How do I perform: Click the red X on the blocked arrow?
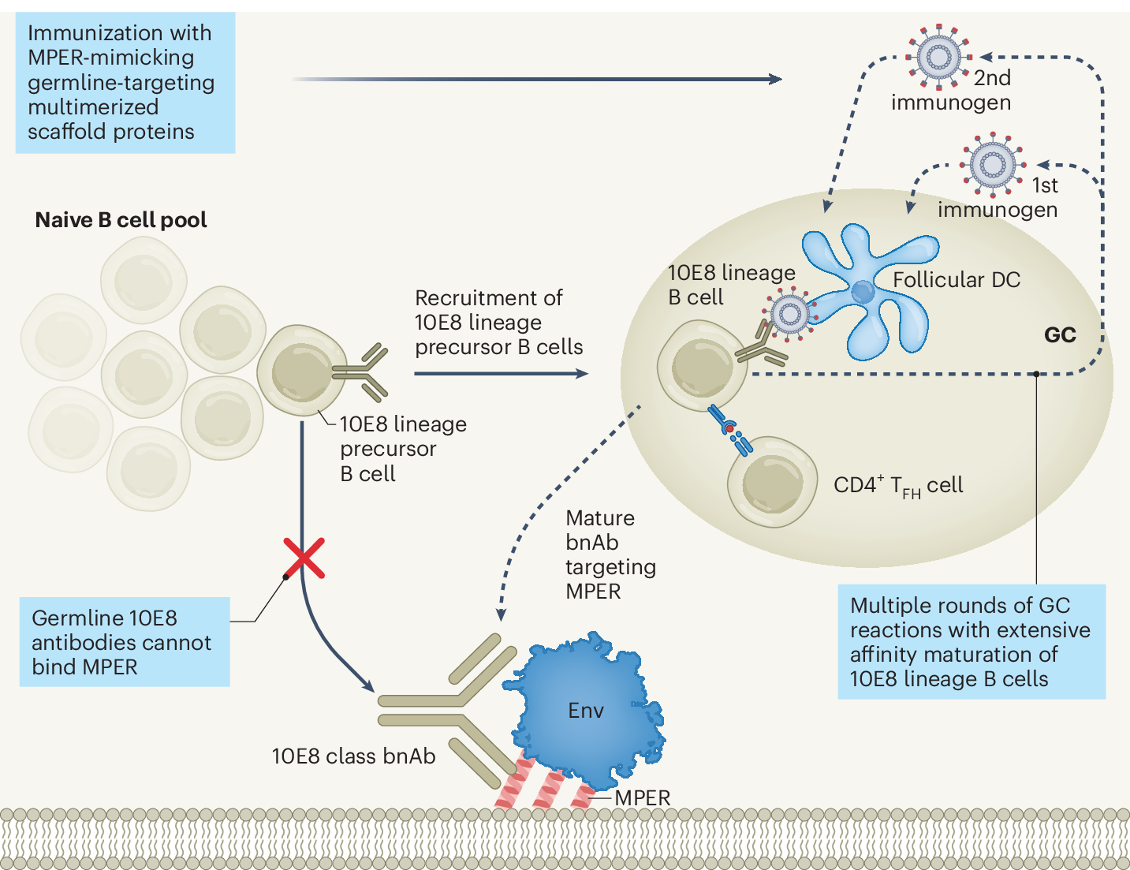point(304,558)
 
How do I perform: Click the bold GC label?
point(1059,335)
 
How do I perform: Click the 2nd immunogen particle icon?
point(938,57)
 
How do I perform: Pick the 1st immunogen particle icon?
point(991,164)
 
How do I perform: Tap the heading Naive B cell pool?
point(121,220)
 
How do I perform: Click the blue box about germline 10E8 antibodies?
point(124,642)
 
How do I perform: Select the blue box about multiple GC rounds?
point(971,642)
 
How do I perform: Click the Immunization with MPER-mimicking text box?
point(125,83)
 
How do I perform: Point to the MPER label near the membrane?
point(642,797)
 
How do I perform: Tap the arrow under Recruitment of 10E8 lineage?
point(501,373)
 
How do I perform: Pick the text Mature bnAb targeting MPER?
point(610,554)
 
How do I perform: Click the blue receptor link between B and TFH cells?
point(730,430)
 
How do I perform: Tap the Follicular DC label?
point(956,280)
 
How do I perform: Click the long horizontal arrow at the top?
point(536,79)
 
